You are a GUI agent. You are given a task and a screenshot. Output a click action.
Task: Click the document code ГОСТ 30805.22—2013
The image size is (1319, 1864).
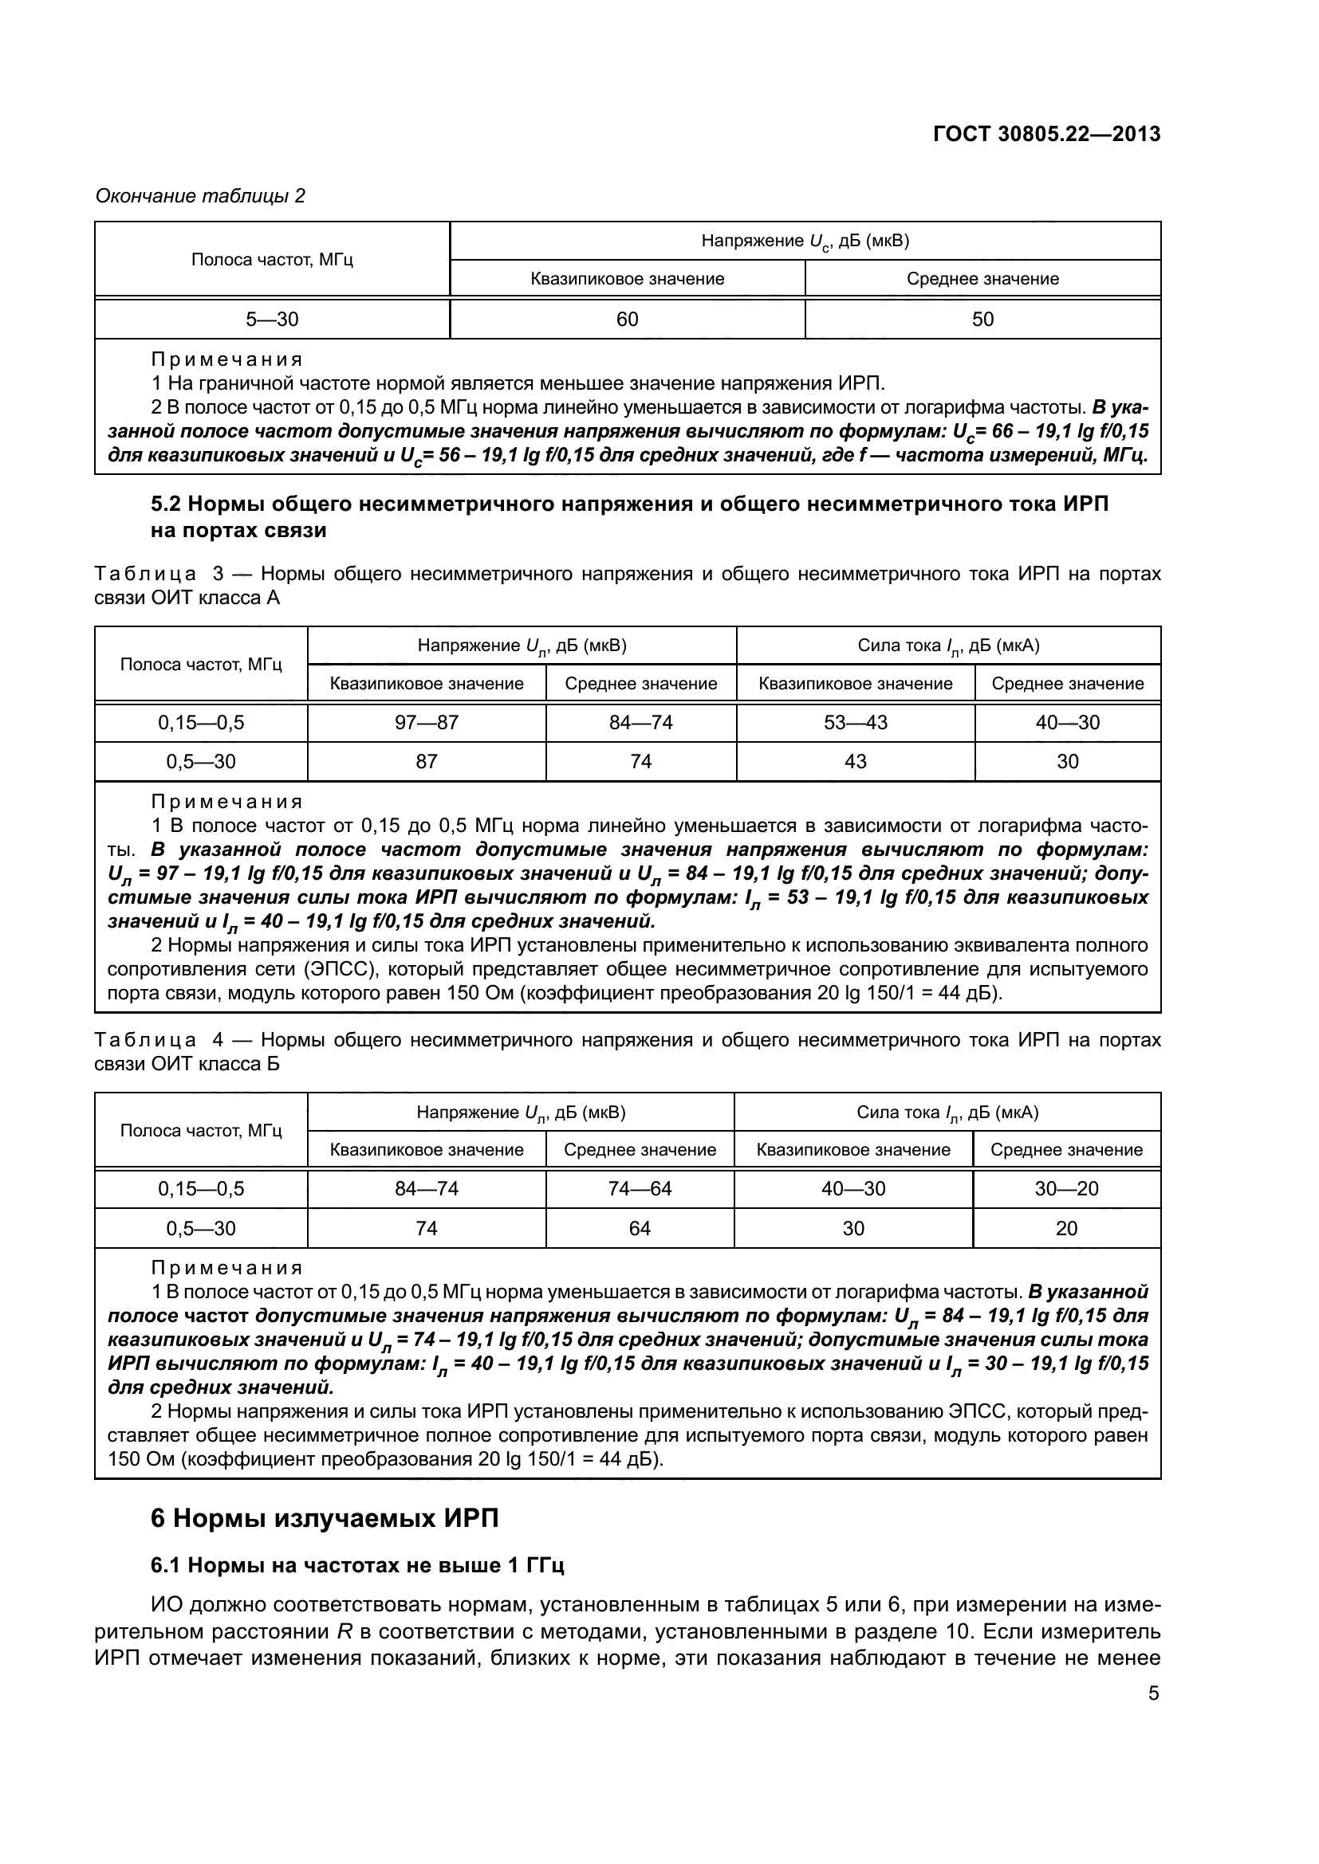click(x=1047, y=134)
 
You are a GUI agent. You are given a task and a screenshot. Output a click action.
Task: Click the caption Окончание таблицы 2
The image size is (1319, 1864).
click(x=201, y=196)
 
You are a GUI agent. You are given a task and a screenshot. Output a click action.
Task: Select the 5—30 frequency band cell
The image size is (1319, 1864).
click(x=272, y=319)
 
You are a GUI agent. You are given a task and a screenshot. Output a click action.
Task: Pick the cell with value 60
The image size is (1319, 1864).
click(x=627, y=319)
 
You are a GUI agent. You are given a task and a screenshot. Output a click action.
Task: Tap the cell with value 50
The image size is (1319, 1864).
click(x=982, y=319)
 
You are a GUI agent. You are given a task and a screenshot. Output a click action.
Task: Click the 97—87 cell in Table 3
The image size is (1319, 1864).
click(x=427, y=722)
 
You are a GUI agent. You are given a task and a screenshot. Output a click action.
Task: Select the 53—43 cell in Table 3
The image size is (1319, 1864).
click(x=855, y=722)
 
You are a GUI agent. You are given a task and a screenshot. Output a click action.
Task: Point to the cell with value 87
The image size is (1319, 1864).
click(x=427, y=761)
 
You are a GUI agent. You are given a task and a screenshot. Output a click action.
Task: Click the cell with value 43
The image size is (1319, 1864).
click(x=855, y=761)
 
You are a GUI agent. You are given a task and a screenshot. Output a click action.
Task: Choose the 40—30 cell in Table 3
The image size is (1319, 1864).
click(x=1067, y=722)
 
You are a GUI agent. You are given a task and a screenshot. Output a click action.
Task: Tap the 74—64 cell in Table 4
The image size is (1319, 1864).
click(x=640, y=1188)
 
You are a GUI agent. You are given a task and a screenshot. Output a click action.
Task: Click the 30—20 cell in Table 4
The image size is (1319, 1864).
click(x=1066, y=1188)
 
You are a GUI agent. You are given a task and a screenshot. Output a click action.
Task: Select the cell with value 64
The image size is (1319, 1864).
click(x=640, y=1228)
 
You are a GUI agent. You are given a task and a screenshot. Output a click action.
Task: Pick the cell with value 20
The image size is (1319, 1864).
click(x=1066, y=1228)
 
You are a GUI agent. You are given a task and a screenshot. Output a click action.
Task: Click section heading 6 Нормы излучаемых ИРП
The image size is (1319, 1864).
click(x=325, y=1517)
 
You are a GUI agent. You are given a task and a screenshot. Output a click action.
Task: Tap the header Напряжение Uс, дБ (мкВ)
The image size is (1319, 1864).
click(x=805, y=241)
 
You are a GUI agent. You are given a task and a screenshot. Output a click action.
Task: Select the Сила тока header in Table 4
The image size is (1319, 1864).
click(x=947, y=1113)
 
